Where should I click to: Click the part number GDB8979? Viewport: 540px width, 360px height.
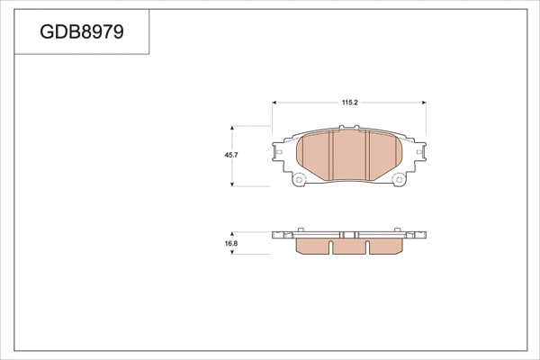point(82,32)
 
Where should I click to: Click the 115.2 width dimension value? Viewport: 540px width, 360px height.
point(350,103)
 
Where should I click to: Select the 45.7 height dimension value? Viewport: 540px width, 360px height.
point(230,154)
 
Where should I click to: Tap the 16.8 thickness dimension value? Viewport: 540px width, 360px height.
point(230,243)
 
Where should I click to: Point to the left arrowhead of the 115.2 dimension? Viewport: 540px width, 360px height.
point(275,110)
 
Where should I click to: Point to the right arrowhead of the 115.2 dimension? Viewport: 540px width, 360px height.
point(424,110)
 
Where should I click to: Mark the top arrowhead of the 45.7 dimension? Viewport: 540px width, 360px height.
point(235,127)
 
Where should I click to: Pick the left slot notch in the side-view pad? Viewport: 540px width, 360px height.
point(331,244)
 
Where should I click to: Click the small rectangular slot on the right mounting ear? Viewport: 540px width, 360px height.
point(418,154)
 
